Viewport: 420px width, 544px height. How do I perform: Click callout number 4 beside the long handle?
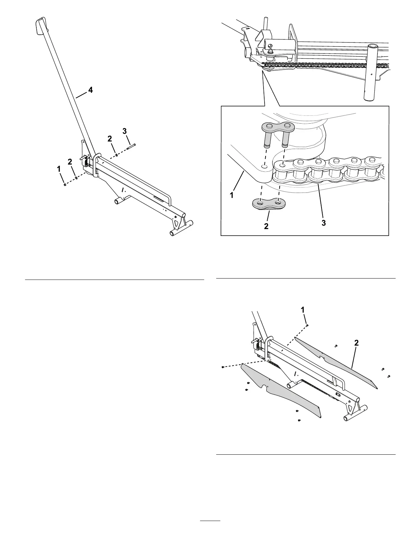click(90, 90)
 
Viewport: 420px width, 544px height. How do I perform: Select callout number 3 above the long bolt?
click(125, 131)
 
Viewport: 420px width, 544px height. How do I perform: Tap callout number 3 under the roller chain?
click(324, 223)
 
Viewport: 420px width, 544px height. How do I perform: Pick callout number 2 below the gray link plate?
click(266, 227)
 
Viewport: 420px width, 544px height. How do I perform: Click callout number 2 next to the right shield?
click(357, 342)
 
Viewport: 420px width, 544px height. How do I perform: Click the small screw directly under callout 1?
click(307, 324)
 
